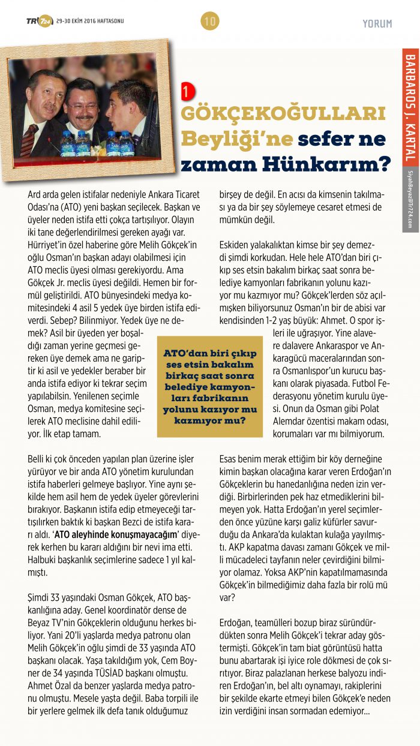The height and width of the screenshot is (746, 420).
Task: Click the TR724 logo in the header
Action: (x=39, y=22)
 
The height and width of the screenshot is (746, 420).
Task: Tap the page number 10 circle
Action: (x=209, y=22)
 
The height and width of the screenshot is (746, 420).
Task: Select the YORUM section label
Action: (x=377, y=24)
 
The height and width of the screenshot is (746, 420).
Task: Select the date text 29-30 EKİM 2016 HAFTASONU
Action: (x=90, y=22)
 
